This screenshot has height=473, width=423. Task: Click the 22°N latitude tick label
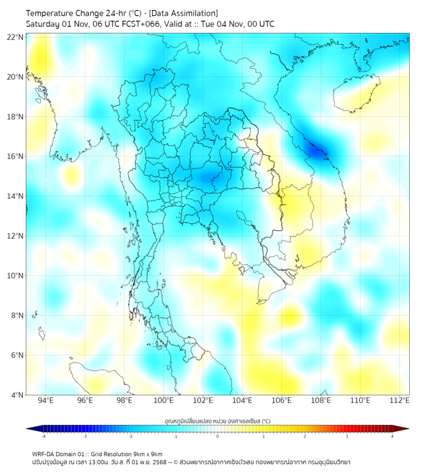[16, 37]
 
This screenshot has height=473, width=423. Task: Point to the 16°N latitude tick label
[16, 156]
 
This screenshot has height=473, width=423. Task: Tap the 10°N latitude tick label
[16, 275]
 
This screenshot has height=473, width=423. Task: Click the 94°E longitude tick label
[46, 401]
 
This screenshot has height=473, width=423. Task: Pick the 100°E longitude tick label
[163, 401]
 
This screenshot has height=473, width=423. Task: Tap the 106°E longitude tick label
[282, 401]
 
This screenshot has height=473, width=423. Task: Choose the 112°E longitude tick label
[400, 401]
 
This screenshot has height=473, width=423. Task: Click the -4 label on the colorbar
[43, 436]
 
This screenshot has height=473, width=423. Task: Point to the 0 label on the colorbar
[218, 436]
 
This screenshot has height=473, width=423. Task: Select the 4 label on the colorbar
[392, 436]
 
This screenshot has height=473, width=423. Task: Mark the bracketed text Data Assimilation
[185, 13]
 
